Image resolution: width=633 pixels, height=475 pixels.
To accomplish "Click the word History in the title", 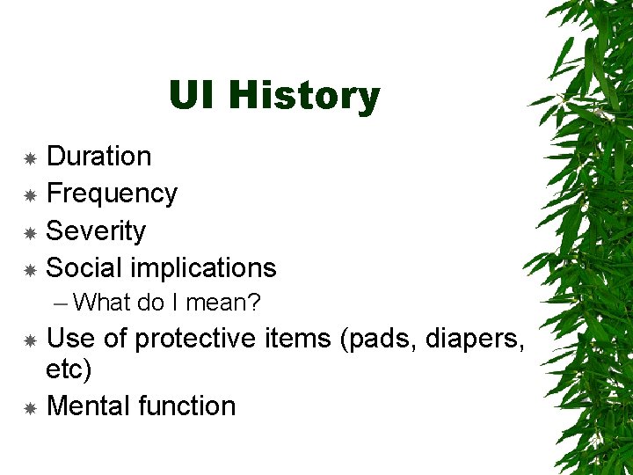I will click(x=303, y=96).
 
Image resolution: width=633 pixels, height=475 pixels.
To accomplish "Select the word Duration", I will click(x=98, y=157).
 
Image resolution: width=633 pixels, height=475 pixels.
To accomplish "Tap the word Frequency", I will click(x=112, y=194).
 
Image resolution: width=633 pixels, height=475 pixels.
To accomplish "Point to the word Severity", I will click(x=96, y=231).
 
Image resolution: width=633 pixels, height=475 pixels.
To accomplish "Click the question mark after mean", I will click(x=254, y=303).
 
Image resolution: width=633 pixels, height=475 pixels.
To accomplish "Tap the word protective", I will click(x=196, y=338).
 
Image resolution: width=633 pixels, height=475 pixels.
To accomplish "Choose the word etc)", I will click(x=69, y=369).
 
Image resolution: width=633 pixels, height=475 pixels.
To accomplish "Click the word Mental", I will click(x=88, y=406).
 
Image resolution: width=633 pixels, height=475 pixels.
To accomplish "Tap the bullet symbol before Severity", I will click(x=30, y=232).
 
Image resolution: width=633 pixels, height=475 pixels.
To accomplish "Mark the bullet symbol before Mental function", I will click(x=30, y=407).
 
